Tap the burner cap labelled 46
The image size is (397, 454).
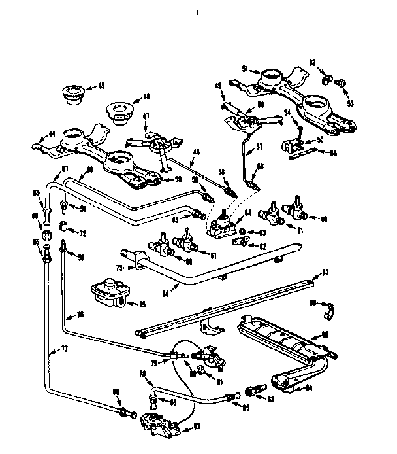(119, 110)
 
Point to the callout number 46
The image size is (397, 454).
(146, 96)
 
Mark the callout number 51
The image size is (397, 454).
(245, 68)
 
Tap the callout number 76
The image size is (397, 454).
(81, 314)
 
